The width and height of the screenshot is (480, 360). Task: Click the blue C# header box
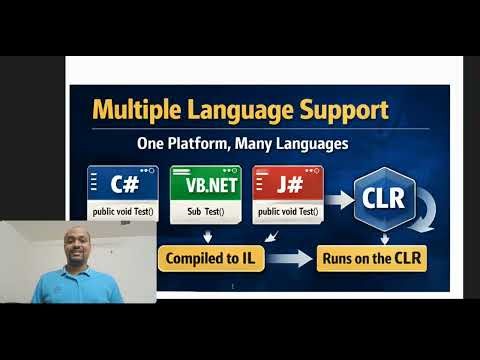pyautogui.click(x=123, y=184)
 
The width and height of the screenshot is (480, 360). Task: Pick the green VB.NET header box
pyautogui.click(x=205, y=184)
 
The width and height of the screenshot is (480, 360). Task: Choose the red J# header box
pyautogui.click(x=287, y=184)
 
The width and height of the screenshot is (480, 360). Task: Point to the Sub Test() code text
pyautogui.click(x=205, y=212)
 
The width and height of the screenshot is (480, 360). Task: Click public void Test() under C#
pyautogui.click(x=123, y=212)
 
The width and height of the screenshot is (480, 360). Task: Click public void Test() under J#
pyautogui.click(x=287, y=212)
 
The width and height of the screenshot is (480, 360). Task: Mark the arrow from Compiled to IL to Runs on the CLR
pyautogui.click(x=289, y=259)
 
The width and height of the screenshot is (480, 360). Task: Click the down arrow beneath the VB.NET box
pyautogui.click(x=207, y=235)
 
